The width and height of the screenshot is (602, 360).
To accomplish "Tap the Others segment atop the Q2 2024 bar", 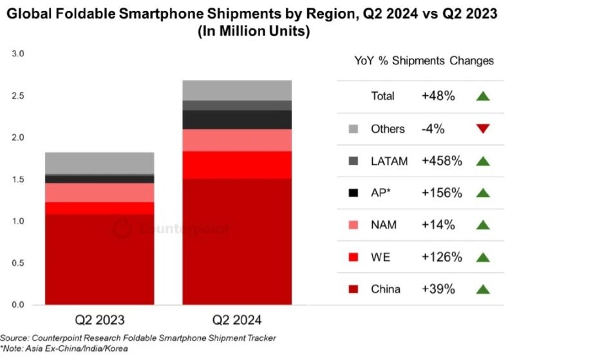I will click(x=236, y=90).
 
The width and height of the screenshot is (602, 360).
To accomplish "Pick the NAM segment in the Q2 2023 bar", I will click(x=99, y=193).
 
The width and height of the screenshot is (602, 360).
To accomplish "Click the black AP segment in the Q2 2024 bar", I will click(x=236, y=119).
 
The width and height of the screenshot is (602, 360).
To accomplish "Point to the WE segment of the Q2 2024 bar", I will click(x=236, y=164).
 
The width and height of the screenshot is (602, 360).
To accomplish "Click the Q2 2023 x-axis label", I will click(x=100, y=319).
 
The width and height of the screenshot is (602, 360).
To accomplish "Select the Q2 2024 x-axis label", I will click(x=236, y=319).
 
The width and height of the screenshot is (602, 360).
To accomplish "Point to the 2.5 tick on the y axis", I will click(x=17, y=95).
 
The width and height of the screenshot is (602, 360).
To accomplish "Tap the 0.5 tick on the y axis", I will click(x=17, y=263).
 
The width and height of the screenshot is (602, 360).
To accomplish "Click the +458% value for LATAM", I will click(x=442, y=161).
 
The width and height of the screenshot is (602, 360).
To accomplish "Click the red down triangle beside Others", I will click(x=483, y=129).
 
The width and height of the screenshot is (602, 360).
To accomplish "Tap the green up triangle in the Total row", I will click(x=483, y=97).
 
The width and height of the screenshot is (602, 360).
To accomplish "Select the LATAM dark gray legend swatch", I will click(x=353, y=161).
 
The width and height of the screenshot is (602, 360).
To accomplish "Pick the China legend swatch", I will click(x=353, y=289).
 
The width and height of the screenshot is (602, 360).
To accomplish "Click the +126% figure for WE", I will click(x=442, y=257).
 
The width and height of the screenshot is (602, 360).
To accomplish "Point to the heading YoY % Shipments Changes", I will click(x=424, y=61).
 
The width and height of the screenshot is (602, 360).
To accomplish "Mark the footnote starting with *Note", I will click(x=64, y=348).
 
